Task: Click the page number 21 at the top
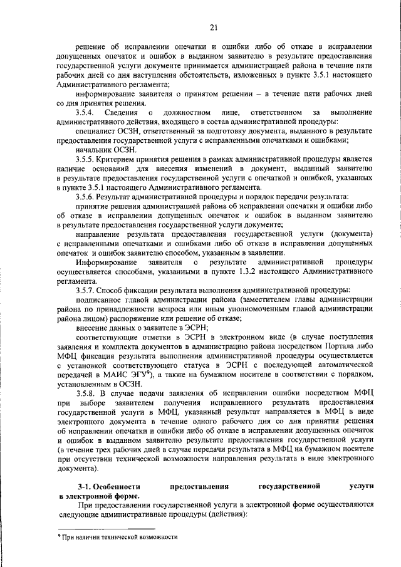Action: pos(214,27)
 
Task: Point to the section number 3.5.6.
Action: pos(84,197)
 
